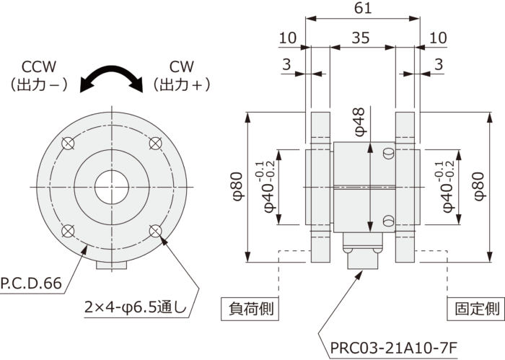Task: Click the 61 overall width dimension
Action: (x=363, y=9)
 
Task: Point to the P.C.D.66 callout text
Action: (x=31, y=284)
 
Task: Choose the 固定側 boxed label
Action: (x=476, y=309)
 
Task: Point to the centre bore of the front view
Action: (x=112, y=187)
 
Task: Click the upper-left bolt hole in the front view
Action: (x=67, y=144)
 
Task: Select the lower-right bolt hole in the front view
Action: (x=156, y=231)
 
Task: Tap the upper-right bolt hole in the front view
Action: (x=156, y=144)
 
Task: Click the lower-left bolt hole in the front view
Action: (x=67, y=231)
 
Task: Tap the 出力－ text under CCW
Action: (x=40, y=85)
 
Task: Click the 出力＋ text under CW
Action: (x=183, y=85)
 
